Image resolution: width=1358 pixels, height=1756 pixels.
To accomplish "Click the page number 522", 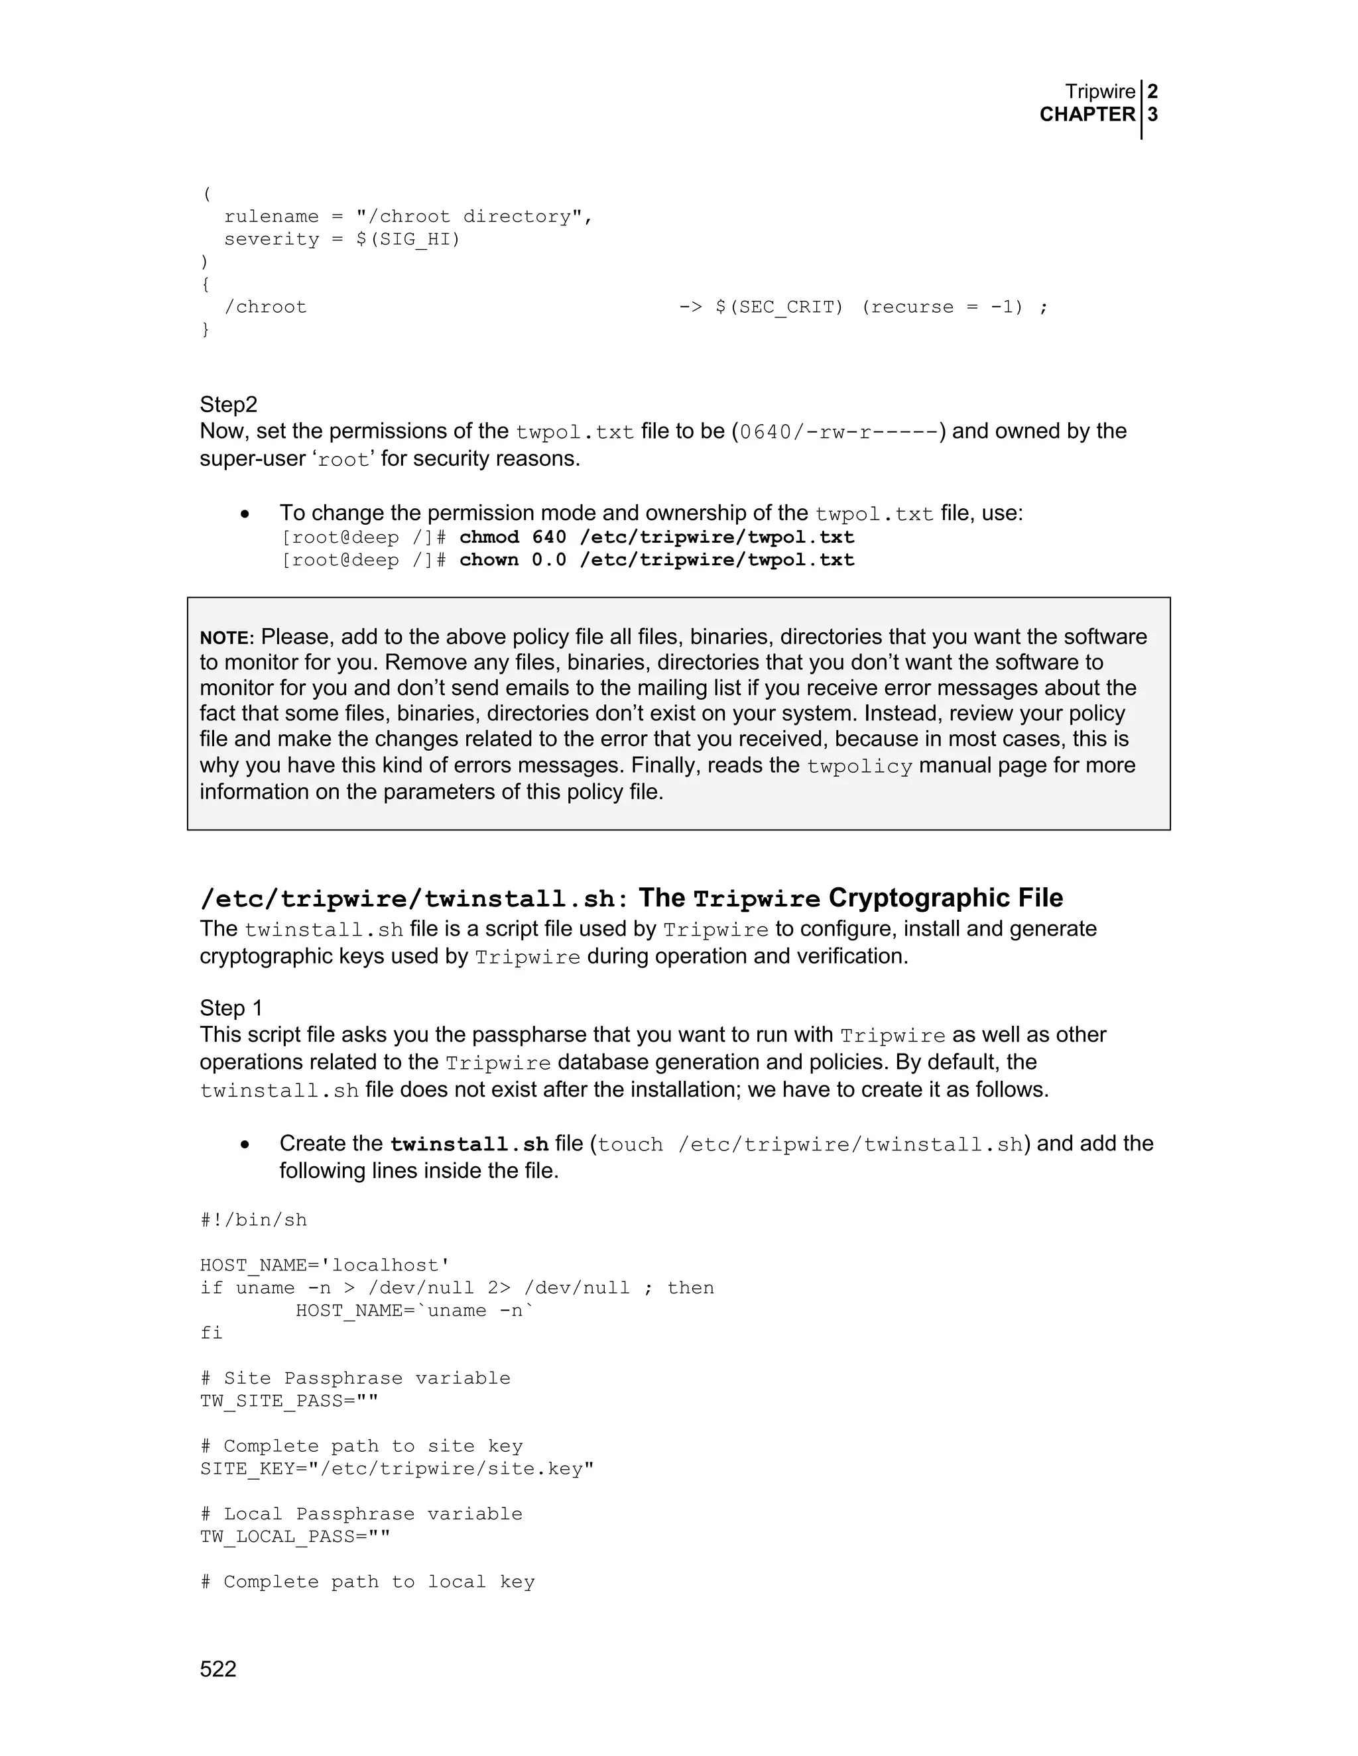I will [218, 1669].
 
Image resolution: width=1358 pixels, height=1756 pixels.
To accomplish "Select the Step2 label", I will [229, 404].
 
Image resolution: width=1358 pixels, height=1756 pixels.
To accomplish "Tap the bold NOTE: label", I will [227, 638].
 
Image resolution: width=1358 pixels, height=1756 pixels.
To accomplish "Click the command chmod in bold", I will [489, 537].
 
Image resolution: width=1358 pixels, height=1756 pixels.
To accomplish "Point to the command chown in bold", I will [489, 560].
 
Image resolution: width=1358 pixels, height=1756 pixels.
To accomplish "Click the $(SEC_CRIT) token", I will [778, 307].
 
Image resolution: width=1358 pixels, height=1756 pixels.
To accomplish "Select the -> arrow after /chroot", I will [690, 307].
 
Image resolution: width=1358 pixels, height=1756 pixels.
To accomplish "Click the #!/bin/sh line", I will [253, 1220].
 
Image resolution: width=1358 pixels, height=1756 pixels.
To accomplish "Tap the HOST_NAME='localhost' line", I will [325, 1265].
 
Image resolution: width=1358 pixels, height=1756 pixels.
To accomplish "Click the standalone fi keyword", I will [211, 1333].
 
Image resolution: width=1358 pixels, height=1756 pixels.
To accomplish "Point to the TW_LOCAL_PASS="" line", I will [295, 1537].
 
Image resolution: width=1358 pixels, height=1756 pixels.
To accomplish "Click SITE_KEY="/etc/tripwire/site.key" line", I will [397, 1468].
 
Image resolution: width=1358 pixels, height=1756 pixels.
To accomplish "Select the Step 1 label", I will [231, 1009].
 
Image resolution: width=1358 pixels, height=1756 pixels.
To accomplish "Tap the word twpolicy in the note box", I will [859, 766].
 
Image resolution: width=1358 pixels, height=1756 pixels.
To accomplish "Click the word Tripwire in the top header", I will [1100, 91].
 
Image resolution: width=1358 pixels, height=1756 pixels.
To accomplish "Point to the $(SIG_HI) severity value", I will [408, 240].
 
